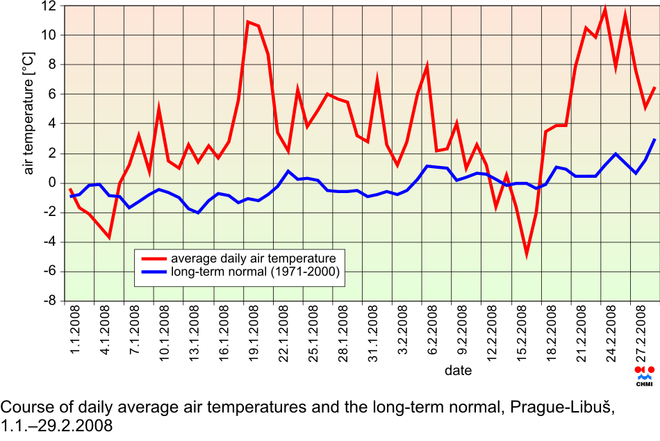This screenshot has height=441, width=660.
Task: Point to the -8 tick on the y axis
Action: click(x=50, y=301)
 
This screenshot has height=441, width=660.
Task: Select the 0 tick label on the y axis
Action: click(x=53, y=183)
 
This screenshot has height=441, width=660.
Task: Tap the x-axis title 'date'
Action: click(x=459, y=371)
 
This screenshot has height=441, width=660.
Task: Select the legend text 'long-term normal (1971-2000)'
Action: click(x=255, y=273)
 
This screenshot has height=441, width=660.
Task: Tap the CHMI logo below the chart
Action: click(x=644, y=376)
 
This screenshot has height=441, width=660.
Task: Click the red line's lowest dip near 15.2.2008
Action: click(x=527, y=256)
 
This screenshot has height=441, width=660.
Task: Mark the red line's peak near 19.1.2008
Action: click(x=248, y=22)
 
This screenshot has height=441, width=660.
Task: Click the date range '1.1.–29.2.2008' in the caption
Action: click(x=56, y=425)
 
